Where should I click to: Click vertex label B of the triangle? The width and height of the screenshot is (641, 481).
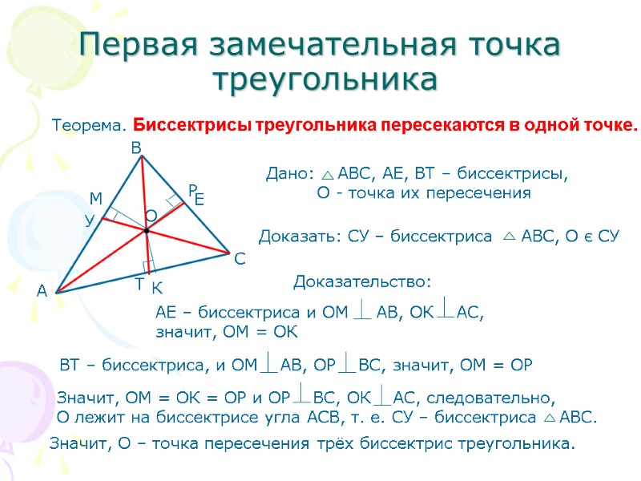click(x=136, y=148)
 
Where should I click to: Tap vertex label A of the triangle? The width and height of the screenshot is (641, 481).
click(x=42, y=293)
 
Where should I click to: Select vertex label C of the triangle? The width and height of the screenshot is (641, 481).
click(x=240, y=260)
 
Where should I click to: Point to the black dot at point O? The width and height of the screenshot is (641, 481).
click(x=147, y=230)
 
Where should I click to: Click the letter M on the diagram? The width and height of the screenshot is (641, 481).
click(x=96, y=198)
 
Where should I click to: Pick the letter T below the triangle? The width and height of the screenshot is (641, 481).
click(x=139, y=285)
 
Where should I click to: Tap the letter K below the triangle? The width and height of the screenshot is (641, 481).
click(x=157, y=288)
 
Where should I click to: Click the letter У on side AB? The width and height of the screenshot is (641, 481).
click(x=90, y=219)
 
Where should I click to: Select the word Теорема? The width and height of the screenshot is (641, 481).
click(x=89, y=126)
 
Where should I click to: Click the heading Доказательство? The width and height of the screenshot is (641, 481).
click(x=362, y=281)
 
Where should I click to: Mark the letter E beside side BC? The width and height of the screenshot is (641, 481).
click(x=200, y=201)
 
